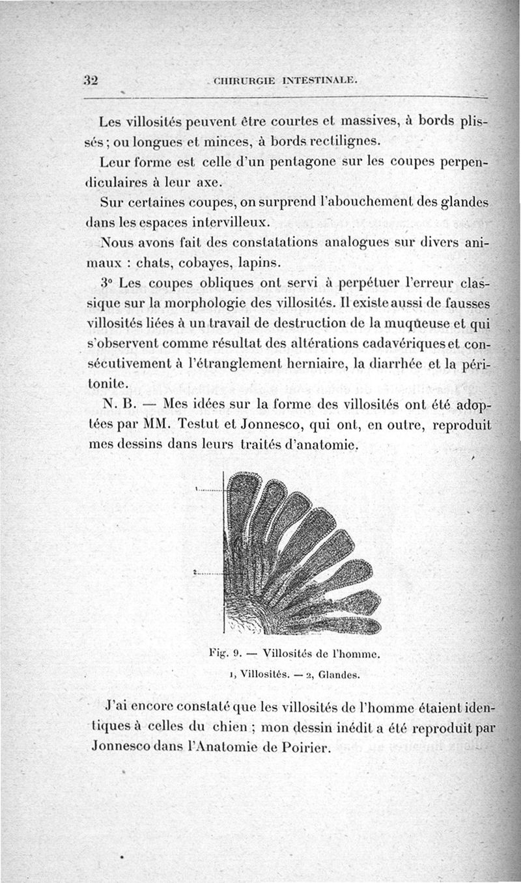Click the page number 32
point(91,80)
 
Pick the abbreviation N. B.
point(116,403)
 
